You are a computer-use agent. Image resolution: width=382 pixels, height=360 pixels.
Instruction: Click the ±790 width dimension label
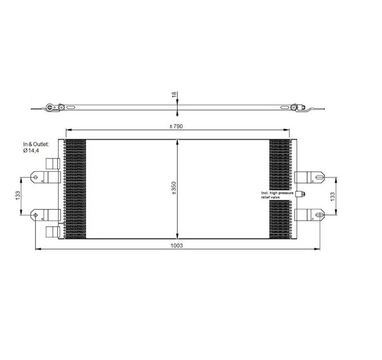(176, 126)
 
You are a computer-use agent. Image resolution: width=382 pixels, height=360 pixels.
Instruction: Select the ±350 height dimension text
(174, 188)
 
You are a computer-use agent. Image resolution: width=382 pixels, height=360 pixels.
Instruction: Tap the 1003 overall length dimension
(176, 246)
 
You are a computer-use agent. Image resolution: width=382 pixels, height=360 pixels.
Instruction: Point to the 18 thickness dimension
(174, 94)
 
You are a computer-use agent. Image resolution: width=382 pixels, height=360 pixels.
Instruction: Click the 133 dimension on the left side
(18, 195)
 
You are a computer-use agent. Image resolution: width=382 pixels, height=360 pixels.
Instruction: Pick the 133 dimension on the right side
(332, 197)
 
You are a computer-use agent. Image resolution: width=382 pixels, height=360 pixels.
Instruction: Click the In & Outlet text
(36, 144)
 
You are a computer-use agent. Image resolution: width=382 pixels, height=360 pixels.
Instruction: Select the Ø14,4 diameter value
(31, 151)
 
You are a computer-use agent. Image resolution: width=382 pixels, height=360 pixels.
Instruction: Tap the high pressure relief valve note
(277, 195)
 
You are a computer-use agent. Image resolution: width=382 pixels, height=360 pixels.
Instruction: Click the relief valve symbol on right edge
(300, 194)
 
